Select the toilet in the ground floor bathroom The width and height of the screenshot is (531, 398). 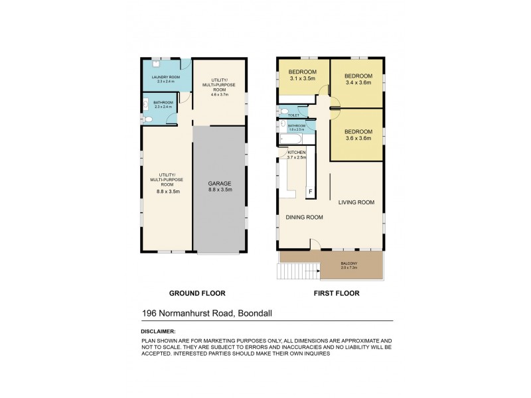click(x=148, y=119)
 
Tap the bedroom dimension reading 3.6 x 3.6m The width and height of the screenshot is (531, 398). click(x=358, y=139)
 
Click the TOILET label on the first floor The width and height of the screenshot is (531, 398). click(x=293, y=115)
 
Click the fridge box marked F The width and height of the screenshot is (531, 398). click(x=309, y=192)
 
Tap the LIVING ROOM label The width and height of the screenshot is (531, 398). click(x=356, y=202)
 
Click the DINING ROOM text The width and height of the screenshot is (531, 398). click(x=304, y=217)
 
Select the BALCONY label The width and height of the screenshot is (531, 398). click(x=349, y=263)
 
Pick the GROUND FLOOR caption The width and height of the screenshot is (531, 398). click(x=197, y=293)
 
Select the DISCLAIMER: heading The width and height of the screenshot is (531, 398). click(x=159, y=330)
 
